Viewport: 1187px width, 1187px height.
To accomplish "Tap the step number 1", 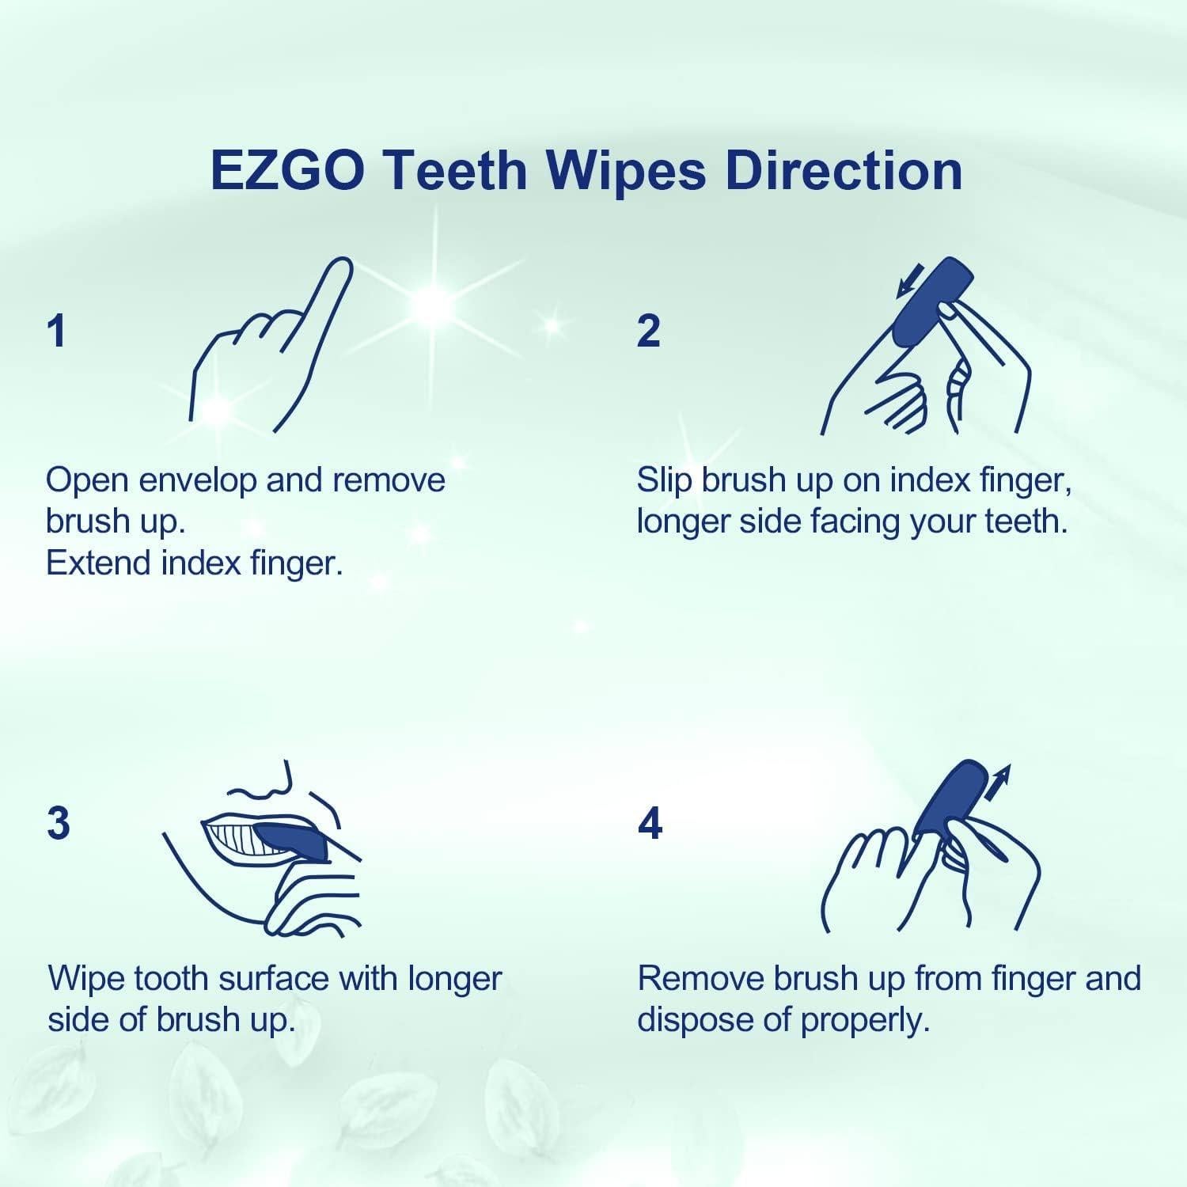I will tap(56, 331).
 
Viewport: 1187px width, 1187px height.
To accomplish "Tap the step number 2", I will tap(648, 331).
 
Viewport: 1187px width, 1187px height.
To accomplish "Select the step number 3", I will tap(59, 824).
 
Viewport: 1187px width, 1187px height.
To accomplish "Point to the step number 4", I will tap(650, 824).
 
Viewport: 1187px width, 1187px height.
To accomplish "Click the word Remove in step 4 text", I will tap(700, 979).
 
